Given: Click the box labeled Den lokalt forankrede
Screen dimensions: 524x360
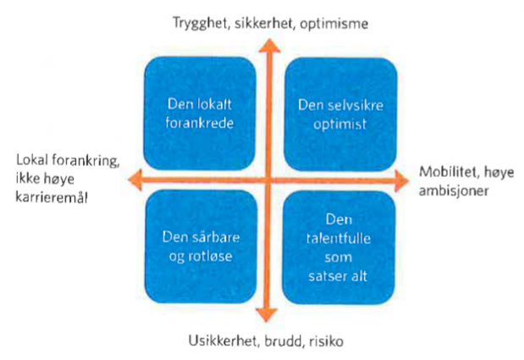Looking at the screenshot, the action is point(200,114).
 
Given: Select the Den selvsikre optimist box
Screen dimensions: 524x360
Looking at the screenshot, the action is point(340,114).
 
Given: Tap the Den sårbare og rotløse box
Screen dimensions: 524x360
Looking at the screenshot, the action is point(201,246).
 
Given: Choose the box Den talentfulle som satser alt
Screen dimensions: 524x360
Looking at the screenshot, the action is point(339,247).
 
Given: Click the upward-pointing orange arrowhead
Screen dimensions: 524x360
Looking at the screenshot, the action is point(269,46).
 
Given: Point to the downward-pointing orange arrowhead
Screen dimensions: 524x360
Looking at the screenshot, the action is point(267,315).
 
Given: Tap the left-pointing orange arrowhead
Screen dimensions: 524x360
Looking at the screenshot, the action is point(135,180).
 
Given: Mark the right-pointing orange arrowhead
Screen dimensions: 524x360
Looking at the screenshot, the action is point(402,180).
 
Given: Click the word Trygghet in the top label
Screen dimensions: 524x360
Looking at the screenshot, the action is point(200,24).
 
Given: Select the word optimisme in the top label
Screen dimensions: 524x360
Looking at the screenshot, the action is point(334,24).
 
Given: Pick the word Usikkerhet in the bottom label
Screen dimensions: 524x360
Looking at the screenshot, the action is point(223,341).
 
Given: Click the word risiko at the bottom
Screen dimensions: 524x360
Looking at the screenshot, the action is point(326,341).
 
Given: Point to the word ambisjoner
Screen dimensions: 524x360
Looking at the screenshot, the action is point(454,191).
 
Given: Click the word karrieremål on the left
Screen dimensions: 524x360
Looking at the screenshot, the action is point(52,197).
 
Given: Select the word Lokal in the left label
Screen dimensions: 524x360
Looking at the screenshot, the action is point(32,160).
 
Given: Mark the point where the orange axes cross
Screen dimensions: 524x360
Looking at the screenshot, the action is point(268,180).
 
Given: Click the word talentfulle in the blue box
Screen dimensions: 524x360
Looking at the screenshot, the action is point(339,238).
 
